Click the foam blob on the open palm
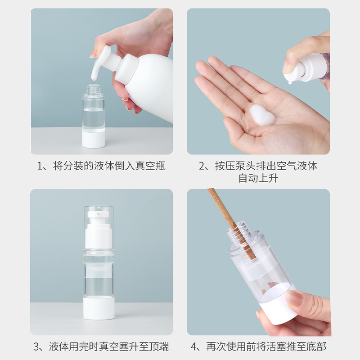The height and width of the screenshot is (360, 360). [262, 115]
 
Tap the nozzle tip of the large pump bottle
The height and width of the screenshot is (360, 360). [93, 79]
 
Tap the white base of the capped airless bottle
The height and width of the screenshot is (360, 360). [99, 308]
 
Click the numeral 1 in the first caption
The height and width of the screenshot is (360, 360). [40, 166]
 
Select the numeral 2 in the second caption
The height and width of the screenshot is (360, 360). [202, 166]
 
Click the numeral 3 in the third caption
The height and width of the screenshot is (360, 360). [36, 346]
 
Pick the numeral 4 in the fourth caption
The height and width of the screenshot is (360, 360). [194, 346]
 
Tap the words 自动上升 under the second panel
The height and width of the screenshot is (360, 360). [258, 178]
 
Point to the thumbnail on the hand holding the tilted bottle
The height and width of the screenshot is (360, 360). [295, 298]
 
